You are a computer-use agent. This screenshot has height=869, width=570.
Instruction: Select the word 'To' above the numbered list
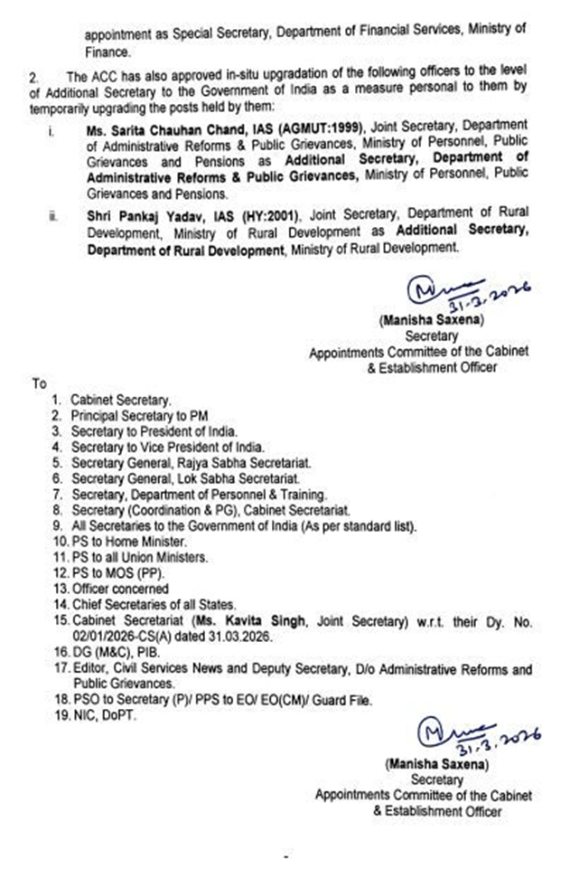[x=40, y=383]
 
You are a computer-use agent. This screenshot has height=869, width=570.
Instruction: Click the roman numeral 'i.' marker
[x=51, y=132]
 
